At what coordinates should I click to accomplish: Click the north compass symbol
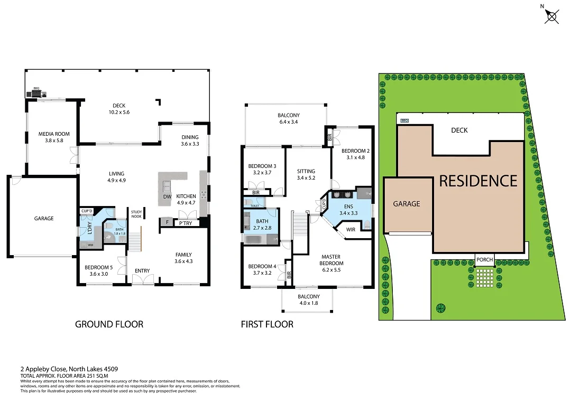click(551, 16)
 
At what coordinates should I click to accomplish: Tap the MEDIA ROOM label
click(54, 134)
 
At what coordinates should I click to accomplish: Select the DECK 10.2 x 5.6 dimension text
click(119, 112)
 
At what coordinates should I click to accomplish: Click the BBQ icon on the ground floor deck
click(36, 93)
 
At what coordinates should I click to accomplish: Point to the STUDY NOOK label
click(136, 214)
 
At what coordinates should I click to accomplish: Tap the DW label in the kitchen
click(167, 196)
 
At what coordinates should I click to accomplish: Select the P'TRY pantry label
click(185, 223)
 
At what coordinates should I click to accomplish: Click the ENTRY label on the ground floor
click(142, 271)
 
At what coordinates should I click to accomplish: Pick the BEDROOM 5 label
click(99, 267)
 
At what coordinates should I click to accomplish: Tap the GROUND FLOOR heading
click(109, 324)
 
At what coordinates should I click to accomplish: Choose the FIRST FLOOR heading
click(267, 324)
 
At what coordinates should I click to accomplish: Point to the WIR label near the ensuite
click(351, 230)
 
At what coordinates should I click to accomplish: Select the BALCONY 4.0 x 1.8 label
click(308, 299)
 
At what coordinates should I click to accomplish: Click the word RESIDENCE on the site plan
click(478, 181)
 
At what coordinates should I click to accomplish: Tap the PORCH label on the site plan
click(485, 260)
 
